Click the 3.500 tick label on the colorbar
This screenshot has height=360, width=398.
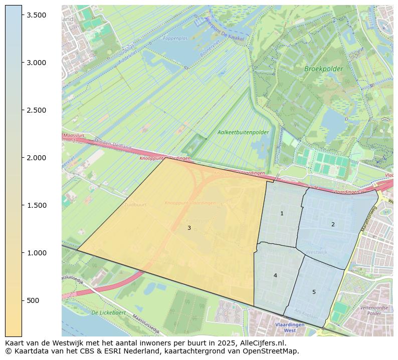(37, 15)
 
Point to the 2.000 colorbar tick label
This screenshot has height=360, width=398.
(37, 158)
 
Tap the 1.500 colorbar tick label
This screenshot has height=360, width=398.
(37, 205)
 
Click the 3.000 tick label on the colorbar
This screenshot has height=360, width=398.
(37, 63)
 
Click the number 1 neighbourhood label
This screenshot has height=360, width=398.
(282, 214)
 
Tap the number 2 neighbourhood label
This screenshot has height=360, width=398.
(333, 224)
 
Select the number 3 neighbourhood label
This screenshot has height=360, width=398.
(189, 228)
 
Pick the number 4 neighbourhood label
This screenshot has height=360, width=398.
(275, 275)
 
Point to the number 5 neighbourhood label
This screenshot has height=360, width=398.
(314, 292)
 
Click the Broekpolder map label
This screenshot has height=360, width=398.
(323, 69)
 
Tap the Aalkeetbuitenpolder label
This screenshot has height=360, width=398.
(243, 133)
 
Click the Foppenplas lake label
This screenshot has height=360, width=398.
(175, 38)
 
